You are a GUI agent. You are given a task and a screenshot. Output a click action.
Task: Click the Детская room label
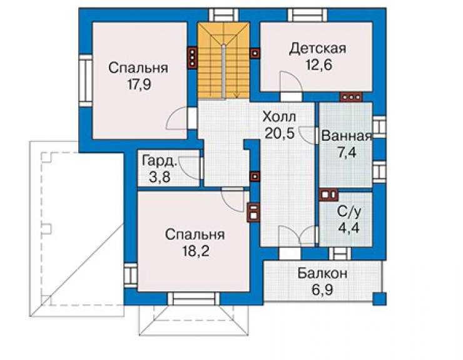(317, 48)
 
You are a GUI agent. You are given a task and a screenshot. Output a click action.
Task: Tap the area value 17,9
(139, 85)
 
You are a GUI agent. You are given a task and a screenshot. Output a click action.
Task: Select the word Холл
(279, 116)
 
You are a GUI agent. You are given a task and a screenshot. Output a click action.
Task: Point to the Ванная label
(347, 136)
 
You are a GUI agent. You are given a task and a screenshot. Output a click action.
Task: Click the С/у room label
(349, 212)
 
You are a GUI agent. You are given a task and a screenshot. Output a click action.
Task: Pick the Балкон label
(322, 274)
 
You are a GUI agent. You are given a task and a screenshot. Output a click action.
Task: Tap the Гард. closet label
(160, 162)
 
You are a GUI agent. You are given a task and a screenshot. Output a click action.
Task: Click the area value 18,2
(196, 251)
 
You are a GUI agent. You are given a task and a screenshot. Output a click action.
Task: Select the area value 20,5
(280, 133)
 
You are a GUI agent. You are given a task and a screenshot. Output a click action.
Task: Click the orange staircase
(223, 61)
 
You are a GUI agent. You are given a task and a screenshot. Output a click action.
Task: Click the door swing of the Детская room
(291, 82)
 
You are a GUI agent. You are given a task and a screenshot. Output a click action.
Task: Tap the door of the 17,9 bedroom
(177, 118)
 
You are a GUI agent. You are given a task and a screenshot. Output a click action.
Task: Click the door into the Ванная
(308, 135)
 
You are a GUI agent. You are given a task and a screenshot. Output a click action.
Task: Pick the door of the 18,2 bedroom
(233, 200)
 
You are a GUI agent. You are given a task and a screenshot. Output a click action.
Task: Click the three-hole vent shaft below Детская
(351, 97)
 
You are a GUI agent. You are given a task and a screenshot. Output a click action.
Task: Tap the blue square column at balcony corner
(379, 299)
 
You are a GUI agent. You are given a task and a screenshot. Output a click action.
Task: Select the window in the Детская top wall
(307, 15)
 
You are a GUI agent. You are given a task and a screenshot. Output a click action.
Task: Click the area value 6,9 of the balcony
(322, 290)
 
